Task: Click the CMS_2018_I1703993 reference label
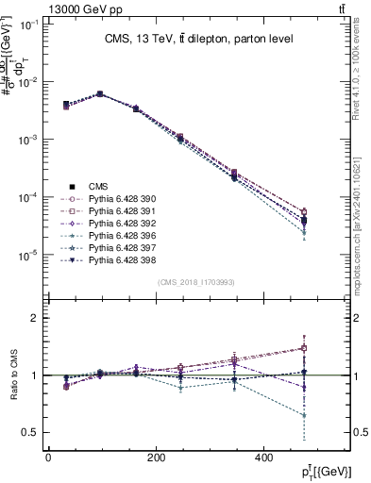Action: [x=196, y=281]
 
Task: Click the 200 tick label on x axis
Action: [x=156, y=457]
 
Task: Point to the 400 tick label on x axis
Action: [x=262, y=457]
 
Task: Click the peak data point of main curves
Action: [x=100, y=94]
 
